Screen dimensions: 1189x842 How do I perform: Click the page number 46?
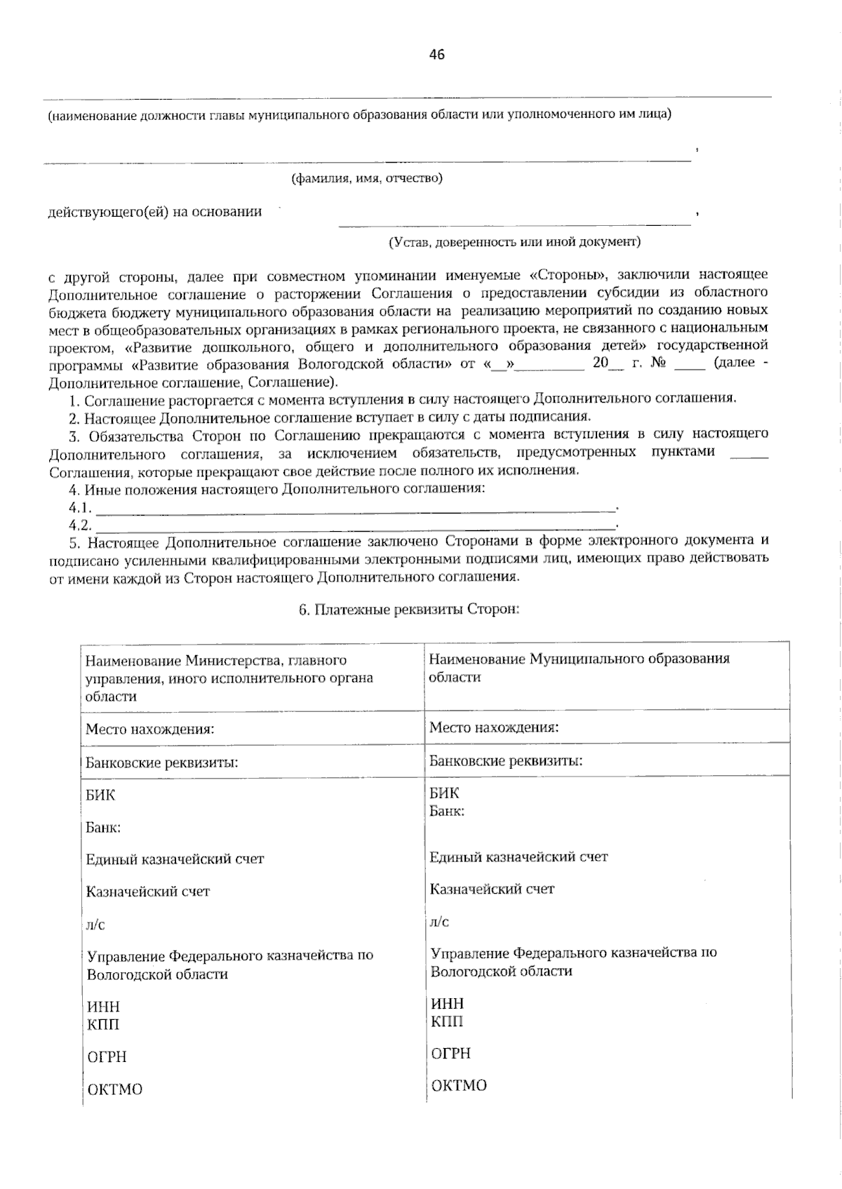pyautogui.click(x=436, y=55)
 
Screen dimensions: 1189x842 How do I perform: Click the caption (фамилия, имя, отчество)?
pyautogui.click(x=367, y=178)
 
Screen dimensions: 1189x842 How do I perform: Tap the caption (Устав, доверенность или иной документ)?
pyautogui.click(x=514, y=242)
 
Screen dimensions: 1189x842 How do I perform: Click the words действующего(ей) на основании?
pyautogui.click(x=154, y=212)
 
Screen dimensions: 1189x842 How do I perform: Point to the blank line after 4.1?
pyautogui.click(x=355, y=508)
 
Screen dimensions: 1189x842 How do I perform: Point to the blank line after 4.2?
pyautogui.click(x=355, y=526)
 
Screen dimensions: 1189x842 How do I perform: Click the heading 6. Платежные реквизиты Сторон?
pyautogui.click(x=408, y=610)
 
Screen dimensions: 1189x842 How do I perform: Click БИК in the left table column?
pyautogui.click(x=100, y=795)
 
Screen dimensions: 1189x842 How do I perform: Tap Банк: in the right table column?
pyautogui.click(x=446, y=812)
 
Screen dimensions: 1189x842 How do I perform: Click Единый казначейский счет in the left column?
pyautogui.click(x=175, y=859)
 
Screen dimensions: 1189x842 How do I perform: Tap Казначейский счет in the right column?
pyautogui.click(x=492, y=889)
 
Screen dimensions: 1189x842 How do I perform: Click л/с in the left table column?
pyautogui.click(x=95, y=925)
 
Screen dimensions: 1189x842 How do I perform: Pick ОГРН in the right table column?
pyautogui.click(x=450, y=1053)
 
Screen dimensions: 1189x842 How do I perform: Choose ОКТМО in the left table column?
pyautogui.click(x=114, y=1089)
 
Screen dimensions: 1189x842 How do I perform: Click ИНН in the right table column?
pyautogui.click(x=447, y=1004)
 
